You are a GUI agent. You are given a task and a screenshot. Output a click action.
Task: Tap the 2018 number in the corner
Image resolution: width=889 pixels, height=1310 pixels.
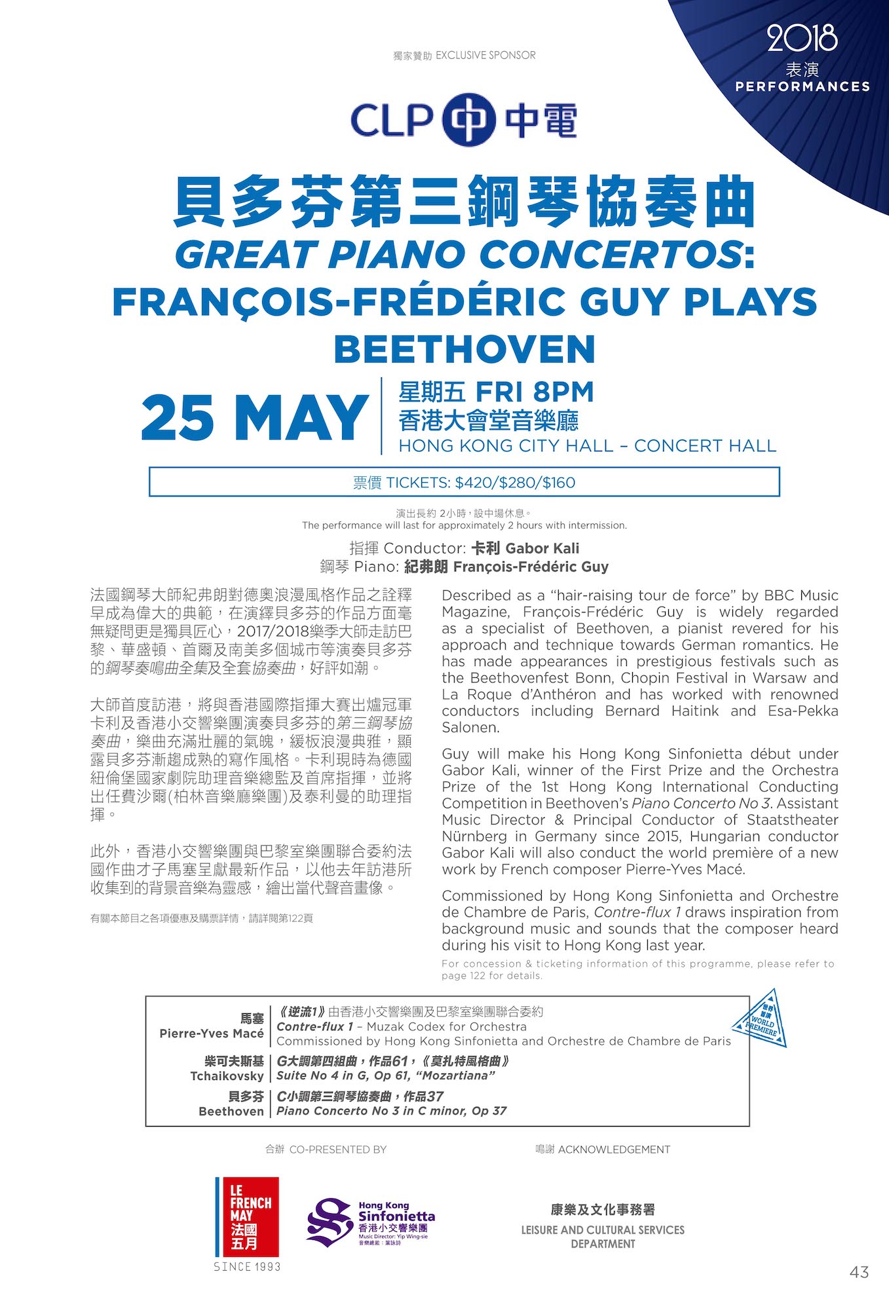(x=802, y=38)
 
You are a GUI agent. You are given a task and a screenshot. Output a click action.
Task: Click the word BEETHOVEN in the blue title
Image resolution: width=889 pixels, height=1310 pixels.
(x=464, y=349)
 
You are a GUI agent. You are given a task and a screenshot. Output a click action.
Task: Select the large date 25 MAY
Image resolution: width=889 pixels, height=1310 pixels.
(x=254, y=418)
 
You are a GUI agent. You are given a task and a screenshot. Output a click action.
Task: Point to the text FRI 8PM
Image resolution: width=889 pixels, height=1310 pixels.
(x=534, y=392)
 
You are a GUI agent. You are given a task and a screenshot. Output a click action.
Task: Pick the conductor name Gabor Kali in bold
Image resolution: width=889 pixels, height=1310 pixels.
(x=542, y=548)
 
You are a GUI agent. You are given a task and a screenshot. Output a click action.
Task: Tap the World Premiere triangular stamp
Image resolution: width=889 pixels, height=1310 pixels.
(x=760, y=1019)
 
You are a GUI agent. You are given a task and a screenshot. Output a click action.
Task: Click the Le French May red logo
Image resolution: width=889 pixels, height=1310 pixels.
(x=247, y=1216)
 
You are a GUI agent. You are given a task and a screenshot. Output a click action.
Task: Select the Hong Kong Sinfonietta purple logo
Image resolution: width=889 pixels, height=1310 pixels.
(x=370, y=1222)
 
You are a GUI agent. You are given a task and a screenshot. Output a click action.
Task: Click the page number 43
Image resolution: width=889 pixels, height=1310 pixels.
(x=859, y=1271)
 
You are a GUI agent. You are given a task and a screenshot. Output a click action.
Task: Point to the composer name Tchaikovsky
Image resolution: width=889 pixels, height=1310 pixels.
(x=227, y=1076)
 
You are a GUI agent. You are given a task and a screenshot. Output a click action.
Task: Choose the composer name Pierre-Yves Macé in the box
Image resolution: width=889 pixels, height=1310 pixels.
(x=212, y=1033)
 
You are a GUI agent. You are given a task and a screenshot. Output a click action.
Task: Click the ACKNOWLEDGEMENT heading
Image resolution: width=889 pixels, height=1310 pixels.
(x=614, y=1149)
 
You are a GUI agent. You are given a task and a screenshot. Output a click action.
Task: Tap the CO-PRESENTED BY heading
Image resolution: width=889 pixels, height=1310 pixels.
(x=337, y=1149)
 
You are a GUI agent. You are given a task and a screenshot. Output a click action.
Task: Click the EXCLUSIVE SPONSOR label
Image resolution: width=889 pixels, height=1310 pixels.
(x=485, y=56)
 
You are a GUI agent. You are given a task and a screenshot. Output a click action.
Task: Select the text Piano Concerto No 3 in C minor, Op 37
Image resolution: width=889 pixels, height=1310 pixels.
(x=391, y=1111)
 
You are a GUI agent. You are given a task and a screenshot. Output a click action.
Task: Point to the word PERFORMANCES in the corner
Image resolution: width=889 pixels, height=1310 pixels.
(x=803, y=86)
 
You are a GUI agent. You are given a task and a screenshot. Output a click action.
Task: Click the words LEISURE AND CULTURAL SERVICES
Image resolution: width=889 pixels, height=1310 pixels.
(x=602, y=1229)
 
